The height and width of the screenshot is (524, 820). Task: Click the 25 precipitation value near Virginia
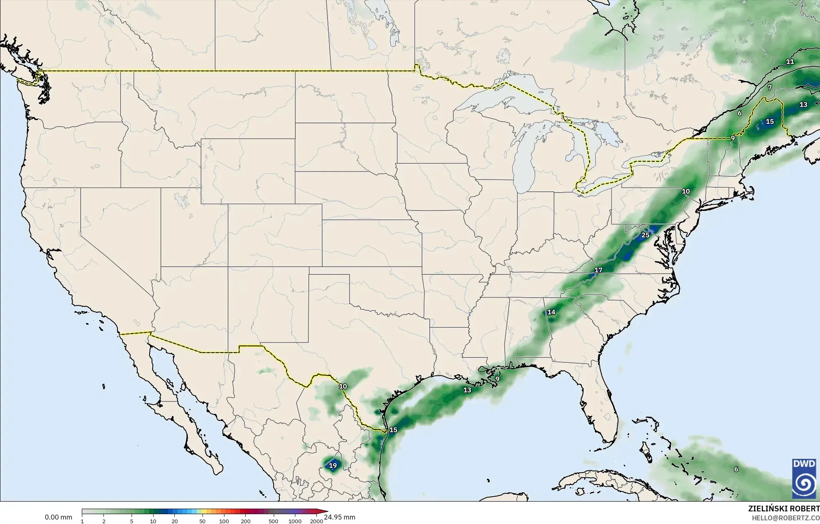click(x=645, y=235)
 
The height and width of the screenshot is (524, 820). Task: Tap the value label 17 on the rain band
click(x=598, y=270)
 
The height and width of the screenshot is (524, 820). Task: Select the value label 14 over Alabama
click(x=551, y=312)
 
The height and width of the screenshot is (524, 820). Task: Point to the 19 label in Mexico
click(x=333, y=465)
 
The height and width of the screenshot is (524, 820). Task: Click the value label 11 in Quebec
click(x=790, y=62)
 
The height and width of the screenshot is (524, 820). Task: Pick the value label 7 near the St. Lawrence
click(x=770, y=88)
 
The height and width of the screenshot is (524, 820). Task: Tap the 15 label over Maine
click(x=769, y=121)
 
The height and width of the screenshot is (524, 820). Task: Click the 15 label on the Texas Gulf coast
click(x=393, y=430)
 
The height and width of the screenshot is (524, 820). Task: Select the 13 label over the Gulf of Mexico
click(x=467, y=390)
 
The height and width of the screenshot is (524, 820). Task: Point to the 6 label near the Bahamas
click(x=736, y=469)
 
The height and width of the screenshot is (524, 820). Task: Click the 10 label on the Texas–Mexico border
click(x=343, y=386)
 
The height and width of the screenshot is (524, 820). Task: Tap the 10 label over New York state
click(x=686, y=191)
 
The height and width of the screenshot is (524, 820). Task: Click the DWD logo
click(x=804, y=478)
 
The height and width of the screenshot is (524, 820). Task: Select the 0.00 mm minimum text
click(x=58, y=517)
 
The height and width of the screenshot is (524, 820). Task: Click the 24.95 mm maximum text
click(x=339, y=517)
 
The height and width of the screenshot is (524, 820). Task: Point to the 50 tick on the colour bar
click(x=202, y=521)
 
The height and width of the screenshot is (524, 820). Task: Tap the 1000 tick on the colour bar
click(x=295, y=521)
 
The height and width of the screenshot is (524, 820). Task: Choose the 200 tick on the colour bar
click(x=246, y=521)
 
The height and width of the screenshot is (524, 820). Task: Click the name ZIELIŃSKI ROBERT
click(x=784, y=509)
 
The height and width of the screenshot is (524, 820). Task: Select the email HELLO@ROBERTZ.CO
click(x=785, y=518)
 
